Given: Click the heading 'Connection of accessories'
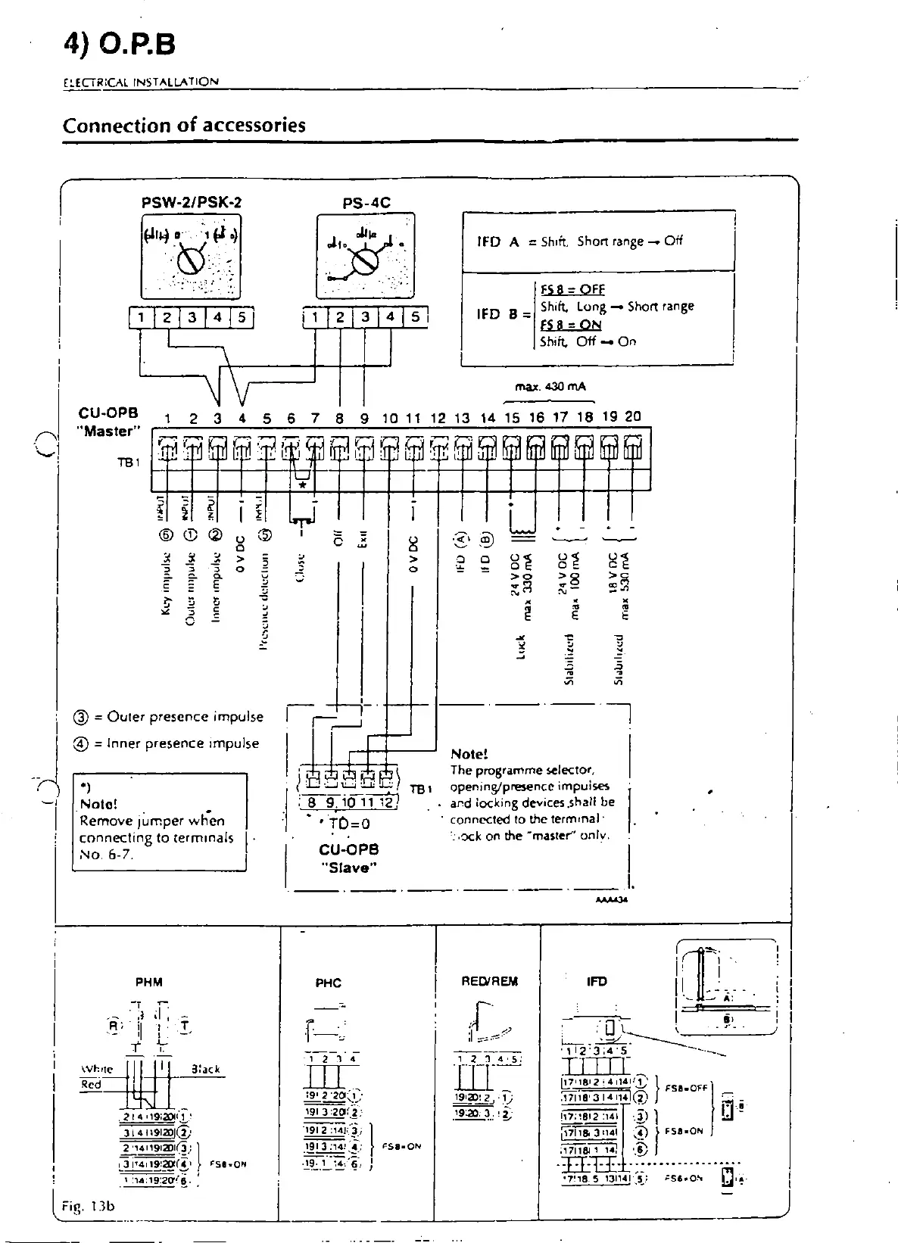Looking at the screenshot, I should (184, 125).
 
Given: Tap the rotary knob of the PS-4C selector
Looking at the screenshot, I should (366, 261).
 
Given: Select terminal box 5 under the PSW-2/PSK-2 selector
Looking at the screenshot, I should (242, 317).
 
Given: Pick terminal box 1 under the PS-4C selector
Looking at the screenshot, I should (316, 317).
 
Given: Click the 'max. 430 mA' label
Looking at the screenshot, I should (550, 387).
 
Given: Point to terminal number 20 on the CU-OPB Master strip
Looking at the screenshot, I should (633, 416).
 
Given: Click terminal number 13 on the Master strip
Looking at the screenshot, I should (462, 417).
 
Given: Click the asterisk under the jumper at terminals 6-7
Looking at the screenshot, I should (303, 485).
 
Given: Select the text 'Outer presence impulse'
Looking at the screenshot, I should (186, 717).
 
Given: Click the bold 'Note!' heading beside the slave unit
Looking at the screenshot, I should (469, 754).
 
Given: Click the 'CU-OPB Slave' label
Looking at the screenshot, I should (349, 858).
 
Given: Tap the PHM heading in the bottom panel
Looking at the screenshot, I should (149, 983).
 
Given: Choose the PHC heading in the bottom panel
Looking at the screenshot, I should (329, 983).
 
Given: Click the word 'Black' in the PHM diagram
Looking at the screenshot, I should (205, 1070).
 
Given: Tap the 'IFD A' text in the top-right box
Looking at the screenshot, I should (497, 241).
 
